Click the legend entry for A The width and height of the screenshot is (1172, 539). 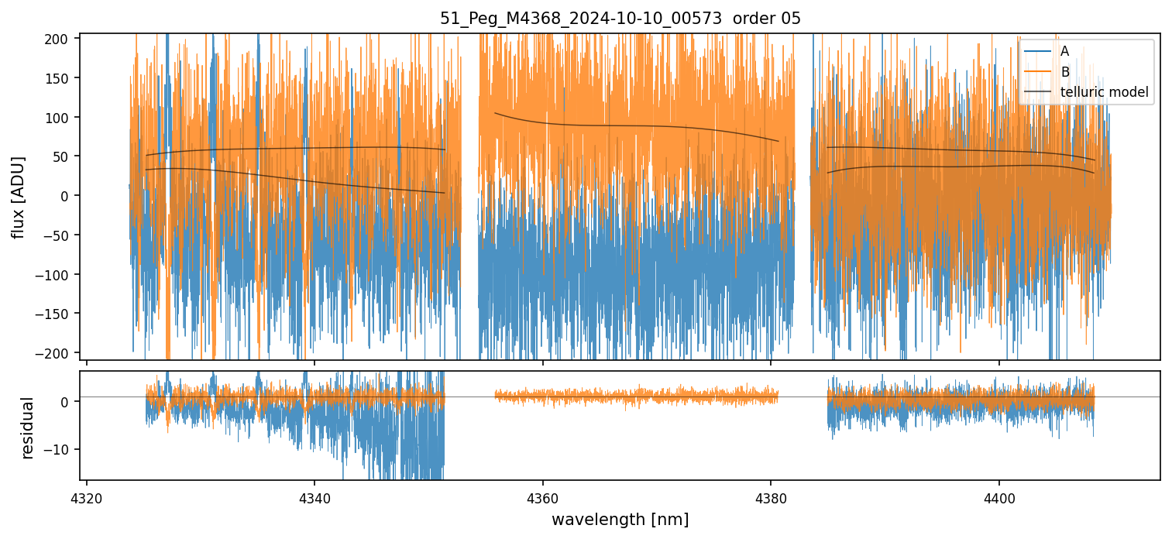(x=1064, y=51)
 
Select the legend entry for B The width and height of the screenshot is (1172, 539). (x=1064, y=72)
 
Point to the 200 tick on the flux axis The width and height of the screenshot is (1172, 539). (x=62, y=39)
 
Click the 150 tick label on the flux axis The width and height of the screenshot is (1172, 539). (x=62, y=78)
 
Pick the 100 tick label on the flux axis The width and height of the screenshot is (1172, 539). (x=62, y=118)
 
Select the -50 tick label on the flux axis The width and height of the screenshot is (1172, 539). (x=60, y=235)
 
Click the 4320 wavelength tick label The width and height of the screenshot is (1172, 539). (x=87, y=496)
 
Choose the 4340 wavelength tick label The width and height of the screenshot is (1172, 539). (x=314, y=496)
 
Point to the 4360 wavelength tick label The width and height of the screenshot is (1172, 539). (x=542, y=496)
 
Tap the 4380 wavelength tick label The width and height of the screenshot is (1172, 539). (x=771, y=496)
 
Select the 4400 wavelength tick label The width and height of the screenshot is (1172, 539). (x=998, y=496)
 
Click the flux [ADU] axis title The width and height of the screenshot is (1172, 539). (x=18, y=197)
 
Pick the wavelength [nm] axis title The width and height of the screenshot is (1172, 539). (x=620, y=519)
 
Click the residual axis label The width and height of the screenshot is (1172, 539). (x=27, y=427)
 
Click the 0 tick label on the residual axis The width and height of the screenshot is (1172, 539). (x=67, y=401)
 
